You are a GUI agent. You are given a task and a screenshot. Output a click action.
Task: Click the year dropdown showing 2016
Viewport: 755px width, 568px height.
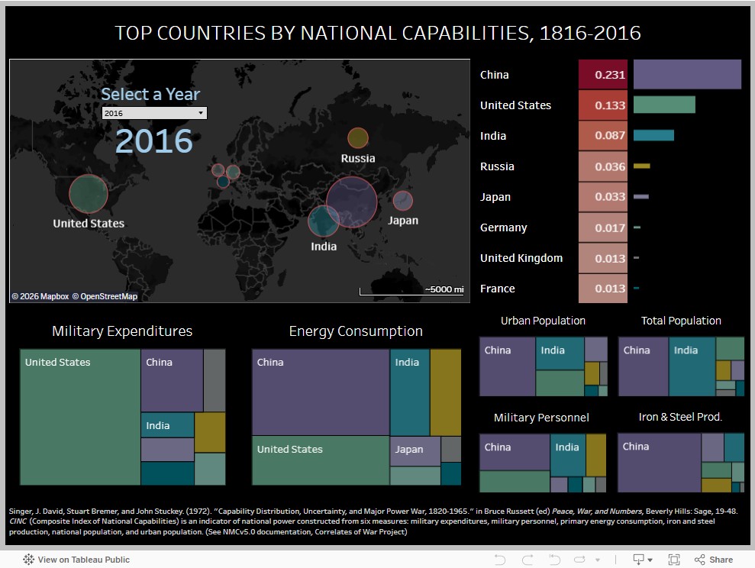[154, 113]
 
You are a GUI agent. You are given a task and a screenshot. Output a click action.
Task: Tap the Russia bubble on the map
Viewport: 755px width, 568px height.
[357, 138]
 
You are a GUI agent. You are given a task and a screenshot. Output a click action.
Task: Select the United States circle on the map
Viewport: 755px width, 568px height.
[89, 193]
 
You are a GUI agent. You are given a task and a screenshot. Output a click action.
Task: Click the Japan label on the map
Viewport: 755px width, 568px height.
[403, 221]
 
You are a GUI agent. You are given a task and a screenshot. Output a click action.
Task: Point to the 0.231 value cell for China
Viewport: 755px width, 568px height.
[603, 75]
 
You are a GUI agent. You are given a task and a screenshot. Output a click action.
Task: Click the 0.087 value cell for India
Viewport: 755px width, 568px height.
[603, 136]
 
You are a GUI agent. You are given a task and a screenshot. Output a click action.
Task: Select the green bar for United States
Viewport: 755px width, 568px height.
[664, 105]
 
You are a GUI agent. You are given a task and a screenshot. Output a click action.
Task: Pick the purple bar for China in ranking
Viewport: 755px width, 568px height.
[687, 75]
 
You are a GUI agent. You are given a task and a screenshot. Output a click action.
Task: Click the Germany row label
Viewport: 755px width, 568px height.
[503, 228]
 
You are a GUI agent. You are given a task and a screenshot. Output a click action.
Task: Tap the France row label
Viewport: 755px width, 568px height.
[497, 289]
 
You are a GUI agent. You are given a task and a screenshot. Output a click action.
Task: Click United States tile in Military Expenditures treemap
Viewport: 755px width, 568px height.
[80, 417]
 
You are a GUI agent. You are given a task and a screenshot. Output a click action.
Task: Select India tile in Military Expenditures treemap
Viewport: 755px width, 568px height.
[167, 424]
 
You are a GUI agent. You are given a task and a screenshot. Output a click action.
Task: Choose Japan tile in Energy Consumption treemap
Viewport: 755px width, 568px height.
[415, 450]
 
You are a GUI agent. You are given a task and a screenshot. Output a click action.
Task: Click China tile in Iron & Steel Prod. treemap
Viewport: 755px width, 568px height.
[659, 462]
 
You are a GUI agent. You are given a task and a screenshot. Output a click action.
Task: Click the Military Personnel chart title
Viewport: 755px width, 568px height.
[541, 418]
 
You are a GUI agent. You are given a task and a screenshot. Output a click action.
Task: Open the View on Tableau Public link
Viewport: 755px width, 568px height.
[76, 560]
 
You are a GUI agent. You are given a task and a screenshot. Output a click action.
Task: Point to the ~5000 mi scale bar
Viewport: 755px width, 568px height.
[412, 290]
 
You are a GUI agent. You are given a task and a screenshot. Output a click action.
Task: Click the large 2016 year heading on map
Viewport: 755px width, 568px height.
[154, 141]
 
